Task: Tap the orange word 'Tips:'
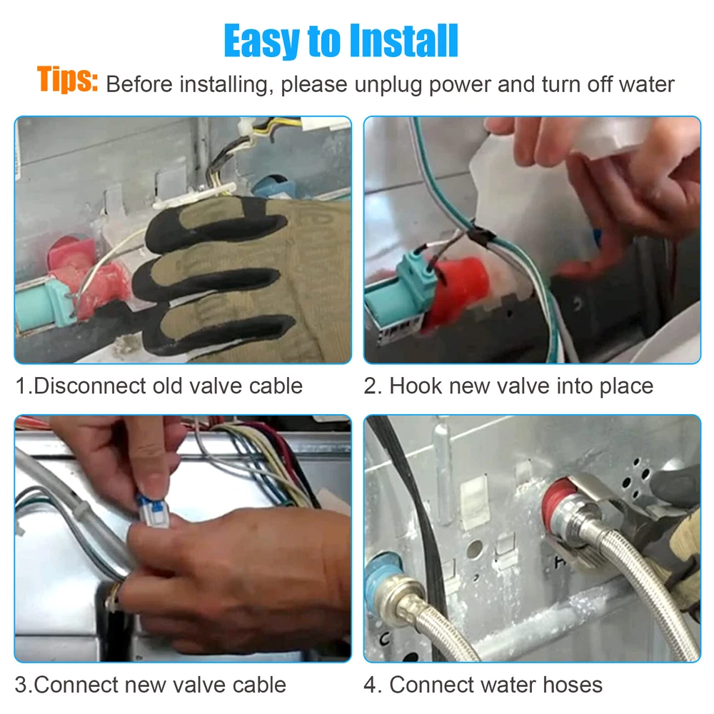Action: tap(67, 79)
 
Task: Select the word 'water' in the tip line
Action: tap(647, 84)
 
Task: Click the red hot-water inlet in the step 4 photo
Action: tap(556, 505)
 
